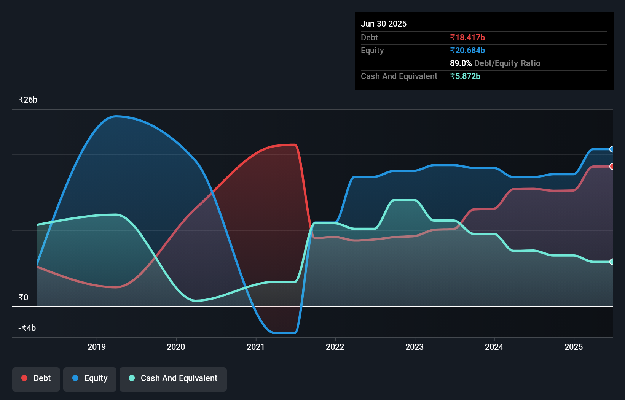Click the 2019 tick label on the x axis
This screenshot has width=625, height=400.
click(97, 347)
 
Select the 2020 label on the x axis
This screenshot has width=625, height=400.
click(176, 347)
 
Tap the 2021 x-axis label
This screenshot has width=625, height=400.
click(255, 347)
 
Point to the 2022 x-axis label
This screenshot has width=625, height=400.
click(335, 347)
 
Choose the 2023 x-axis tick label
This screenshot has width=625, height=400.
click(415, 347)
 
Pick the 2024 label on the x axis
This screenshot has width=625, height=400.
click(494, 347)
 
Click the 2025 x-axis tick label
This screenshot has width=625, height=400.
click(574, 347)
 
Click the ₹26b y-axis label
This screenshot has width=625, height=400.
click(28, 100)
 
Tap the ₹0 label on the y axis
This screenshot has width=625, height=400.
click(24, 297)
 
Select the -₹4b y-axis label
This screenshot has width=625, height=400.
click(27, 328)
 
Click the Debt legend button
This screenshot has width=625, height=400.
click(36, 378)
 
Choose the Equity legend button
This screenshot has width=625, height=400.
click(90, 378)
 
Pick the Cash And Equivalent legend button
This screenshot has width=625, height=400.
click(173, 378)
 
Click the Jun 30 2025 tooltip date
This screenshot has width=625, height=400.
click(384, 24)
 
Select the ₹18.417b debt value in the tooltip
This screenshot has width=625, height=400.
click(467, 37)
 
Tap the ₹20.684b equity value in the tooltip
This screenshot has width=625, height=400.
click(467, 50)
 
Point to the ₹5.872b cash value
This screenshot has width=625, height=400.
click(465, 76)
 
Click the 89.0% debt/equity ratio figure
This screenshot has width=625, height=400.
click(461, 63)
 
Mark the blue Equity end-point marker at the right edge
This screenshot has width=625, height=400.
click(612, 149)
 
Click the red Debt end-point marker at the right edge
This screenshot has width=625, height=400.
click(612, 167)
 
